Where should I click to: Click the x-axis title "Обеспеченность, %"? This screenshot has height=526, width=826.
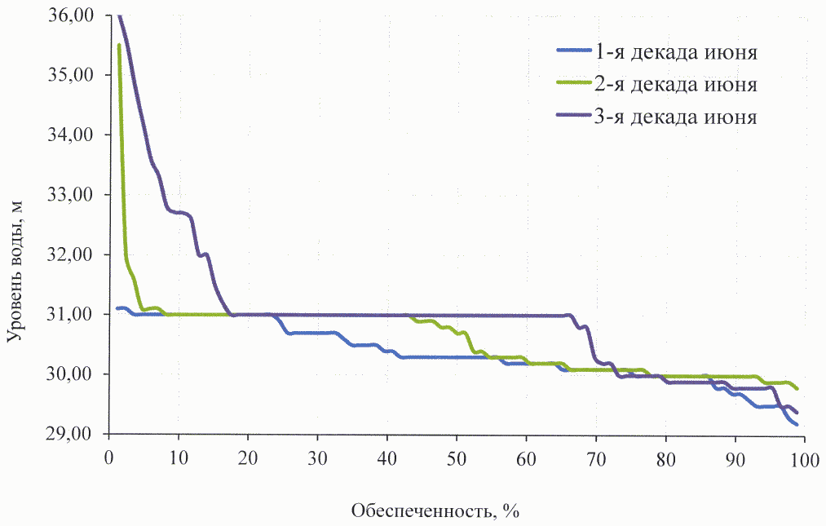pos(435,511)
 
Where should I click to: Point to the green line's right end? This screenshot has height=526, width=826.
pos(797,389)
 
